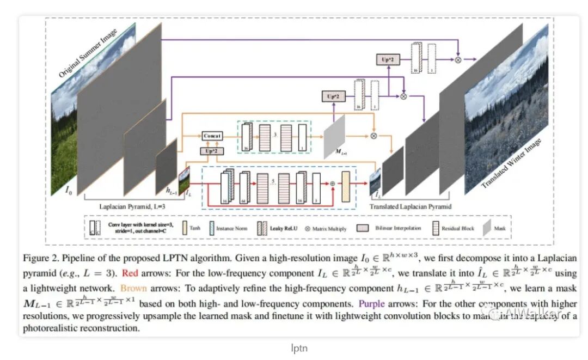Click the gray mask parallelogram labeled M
pos(334,137)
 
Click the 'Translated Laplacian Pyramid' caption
pos(411,207)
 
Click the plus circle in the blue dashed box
pos(332,184)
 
